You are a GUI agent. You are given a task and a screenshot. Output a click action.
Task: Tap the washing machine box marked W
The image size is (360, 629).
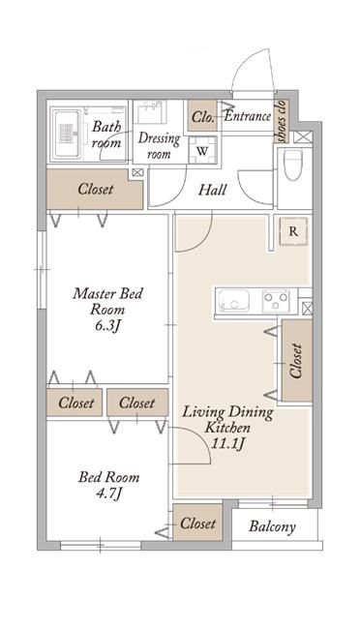202,151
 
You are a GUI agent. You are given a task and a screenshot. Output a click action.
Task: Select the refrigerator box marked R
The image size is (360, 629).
293,231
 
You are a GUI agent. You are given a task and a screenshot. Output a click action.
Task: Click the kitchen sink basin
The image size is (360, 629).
233,300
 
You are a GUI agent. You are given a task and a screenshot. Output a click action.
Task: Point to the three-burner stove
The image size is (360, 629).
276,300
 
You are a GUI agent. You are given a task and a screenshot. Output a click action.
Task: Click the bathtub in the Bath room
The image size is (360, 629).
67,134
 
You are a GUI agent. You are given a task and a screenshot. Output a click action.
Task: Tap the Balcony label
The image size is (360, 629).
272,526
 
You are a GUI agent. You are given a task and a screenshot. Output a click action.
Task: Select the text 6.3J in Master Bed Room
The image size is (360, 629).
107,326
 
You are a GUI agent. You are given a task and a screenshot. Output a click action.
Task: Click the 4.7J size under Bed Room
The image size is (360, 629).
108,493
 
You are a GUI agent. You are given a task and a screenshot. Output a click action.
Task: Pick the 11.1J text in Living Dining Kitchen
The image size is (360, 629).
227,443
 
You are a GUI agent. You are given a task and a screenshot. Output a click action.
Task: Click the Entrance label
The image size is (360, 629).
248,116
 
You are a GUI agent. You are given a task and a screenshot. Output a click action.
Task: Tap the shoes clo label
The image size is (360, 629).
282,121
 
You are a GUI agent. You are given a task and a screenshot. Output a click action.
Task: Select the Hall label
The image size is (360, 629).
213,190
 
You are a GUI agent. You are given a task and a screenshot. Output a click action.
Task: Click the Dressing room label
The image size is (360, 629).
159,145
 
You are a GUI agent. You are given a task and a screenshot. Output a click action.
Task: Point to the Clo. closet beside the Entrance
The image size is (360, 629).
202,115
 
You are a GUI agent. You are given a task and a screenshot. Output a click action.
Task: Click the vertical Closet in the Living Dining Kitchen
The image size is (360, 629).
297,360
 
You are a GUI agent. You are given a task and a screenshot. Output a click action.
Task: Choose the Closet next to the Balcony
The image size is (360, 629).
197,523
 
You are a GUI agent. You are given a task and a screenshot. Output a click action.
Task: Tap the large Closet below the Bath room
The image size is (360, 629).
95,189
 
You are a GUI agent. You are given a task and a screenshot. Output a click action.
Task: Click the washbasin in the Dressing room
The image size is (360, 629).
150,111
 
